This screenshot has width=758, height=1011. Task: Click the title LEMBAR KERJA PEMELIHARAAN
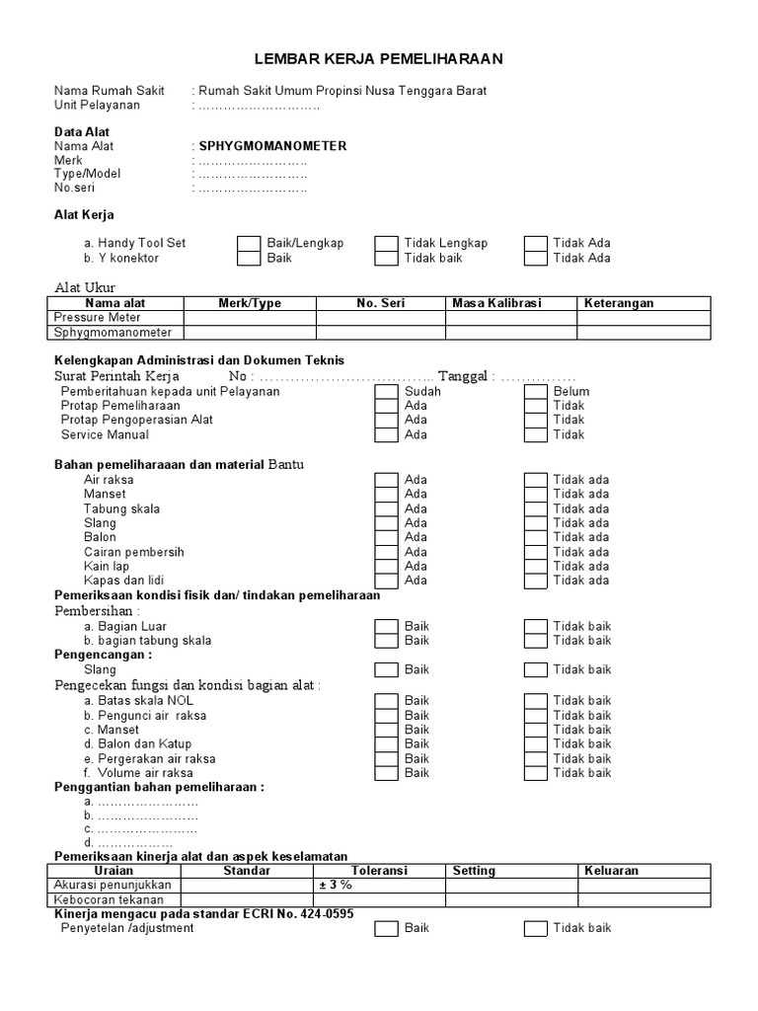click(379, 59)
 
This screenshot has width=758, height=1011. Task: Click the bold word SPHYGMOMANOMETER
click(273, 146)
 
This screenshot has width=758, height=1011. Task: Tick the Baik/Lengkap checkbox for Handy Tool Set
click(249, 243)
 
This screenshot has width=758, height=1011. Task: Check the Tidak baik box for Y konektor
click(386, 258)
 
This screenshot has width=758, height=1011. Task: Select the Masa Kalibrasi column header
click(496, 303)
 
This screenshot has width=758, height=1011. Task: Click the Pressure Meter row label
click(99, 318)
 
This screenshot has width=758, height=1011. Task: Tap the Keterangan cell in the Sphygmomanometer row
click(643, 333)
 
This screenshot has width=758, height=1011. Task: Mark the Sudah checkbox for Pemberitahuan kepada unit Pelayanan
click(386, 391)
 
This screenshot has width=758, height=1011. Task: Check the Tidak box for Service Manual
click(535, 434)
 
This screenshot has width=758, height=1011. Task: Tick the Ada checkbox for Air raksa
click(386, 480)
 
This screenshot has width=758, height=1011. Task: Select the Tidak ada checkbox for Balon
click(535, 537)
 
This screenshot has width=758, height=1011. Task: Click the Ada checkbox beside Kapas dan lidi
click(386, 581)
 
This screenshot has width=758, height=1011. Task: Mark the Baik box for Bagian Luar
click(386, 626)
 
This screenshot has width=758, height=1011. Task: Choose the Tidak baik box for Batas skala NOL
click(535, 700)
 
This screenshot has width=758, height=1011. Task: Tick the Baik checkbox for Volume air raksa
click(386, 773)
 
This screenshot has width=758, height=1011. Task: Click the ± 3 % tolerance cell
click(379, 886)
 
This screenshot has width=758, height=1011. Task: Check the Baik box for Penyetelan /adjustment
click(386, 928)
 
